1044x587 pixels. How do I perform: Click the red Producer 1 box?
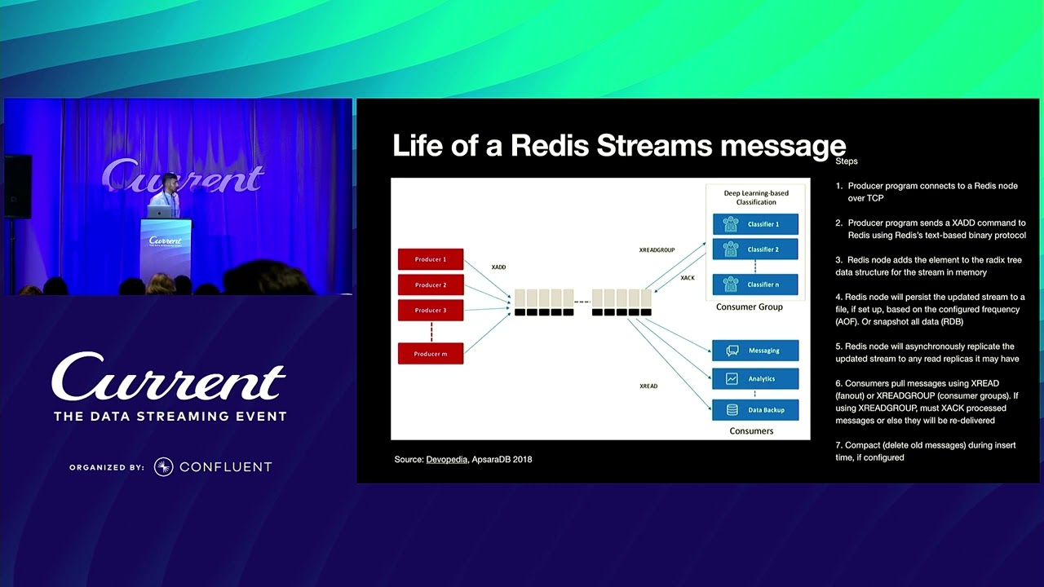click(x=431, y=259)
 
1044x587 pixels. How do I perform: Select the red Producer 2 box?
click(x=431, y=285)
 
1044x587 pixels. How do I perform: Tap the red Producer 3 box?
click(x=431, y=310)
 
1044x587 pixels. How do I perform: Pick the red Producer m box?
click(x=431, y=354)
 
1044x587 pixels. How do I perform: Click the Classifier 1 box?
click(x=755, y=224)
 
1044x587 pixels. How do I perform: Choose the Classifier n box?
click(x=755, y=285)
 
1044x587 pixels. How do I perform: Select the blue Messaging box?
click(x=755, y=351)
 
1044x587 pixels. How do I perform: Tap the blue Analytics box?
click(x=755, y=378)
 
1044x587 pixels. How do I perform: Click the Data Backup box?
click(x=755, y=409)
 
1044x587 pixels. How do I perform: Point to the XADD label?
click(x=498, y=267)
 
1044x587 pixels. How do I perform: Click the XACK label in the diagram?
click(x=688, y=278)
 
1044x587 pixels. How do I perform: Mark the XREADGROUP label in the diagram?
click(x=657, y=249)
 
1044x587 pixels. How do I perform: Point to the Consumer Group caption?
click(x=749, y=307)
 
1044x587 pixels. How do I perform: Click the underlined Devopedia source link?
click(x=446, y=460)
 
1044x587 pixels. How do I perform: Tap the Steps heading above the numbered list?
click(x=847, y=161)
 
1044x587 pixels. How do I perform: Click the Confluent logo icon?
click(x=163, y=466)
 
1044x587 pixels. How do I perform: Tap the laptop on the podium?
click(x=160, y=211)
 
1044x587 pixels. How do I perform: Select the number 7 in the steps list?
click(x=838, y=445)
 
